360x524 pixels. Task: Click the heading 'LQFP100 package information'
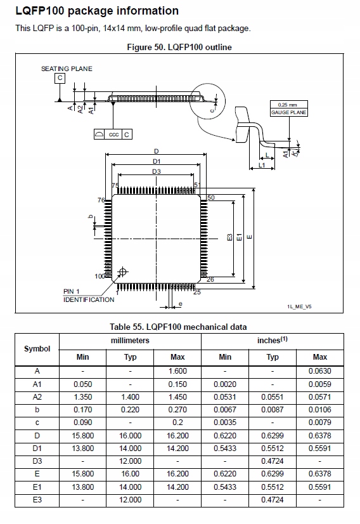pos(96,11)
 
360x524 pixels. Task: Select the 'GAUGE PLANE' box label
pos(288,112)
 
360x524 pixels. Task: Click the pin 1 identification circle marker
pos(123,272)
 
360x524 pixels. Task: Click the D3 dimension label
pos(156,171)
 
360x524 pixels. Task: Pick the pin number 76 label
pos(100,200)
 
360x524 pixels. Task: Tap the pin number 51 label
pos(197,185)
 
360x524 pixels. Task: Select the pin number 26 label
pos(210,279)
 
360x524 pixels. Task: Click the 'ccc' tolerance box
pos(114,134)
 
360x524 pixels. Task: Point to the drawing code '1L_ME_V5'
pos(299,306)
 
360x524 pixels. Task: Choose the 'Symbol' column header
pos(37,349)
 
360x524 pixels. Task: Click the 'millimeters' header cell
pos(130,341)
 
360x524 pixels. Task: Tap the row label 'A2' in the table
pos(37,397)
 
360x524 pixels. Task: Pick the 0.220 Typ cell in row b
pos(130,410)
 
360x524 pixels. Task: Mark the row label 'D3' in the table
pos(37,461)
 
